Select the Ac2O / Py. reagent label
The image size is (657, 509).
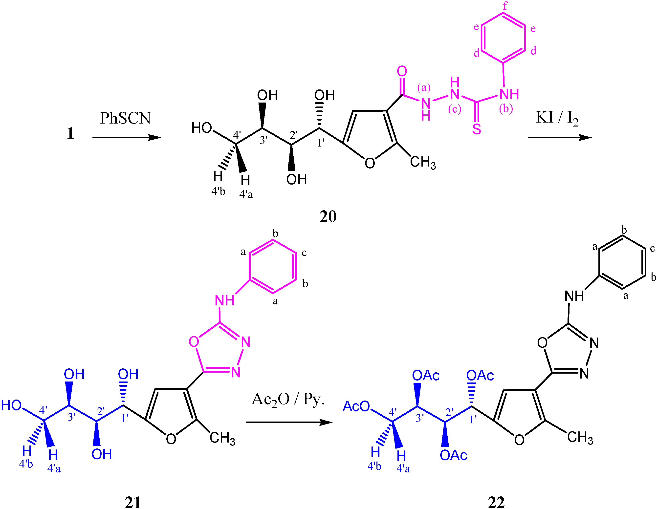tap(288, 400)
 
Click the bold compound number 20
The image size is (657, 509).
tap(328, 216)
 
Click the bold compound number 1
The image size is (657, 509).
tap(70, 133)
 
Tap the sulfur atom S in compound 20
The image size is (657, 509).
tap(477, 129)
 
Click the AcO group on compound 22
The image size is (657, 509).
tap(356, 406)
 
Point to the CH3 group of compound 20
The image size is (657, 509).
tap(423, 162)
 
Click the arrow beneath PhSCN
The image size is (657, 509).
tap(126, 138)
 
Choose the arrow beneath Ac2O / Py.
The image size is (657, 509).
tap(289, 423)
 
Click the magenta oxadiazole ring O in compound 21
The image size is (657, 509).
tap(194, 341)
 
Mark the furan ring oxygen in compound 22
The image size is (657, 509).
tap(519, 440)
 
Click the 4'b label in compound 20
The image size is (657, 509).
tap(218, 191)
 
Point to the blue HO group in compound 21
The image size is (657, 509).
tap(11, 405)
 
